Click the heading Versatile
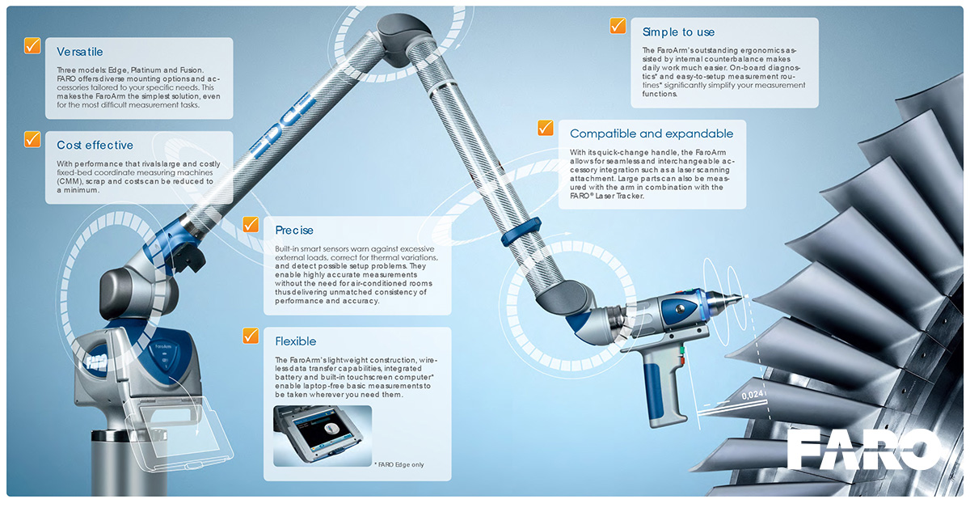point(79,52)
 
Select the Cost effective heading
point(95,146)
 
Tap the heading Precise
point(294,231)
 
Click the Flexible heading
point(296,341)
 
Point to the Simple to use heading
point(678,32)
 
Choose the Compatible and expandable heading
point(652,133)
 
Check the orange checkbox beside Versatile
point(32,45)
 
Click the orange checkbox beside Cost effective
point(32,139)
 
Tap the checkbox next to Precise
point(251,225)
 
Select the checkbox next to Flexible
point(251,335)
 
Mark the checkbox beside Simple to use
point(618,26)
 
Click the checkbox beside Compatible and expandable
point(546,128)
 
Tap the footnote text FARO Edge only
point(400,464)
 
